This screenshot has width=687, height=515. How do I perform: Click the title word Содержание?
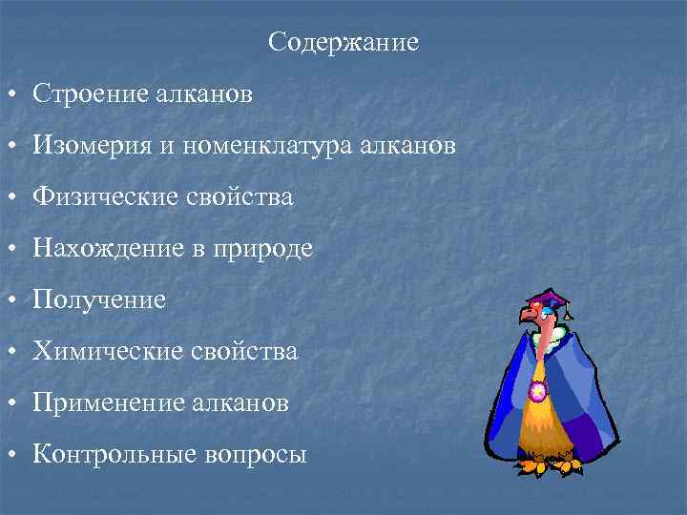coord(343,43)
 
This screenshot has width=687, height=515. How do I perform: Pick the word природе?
coord(269,249)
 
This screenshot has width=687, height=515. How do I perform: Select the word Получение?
coord(99,300)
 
